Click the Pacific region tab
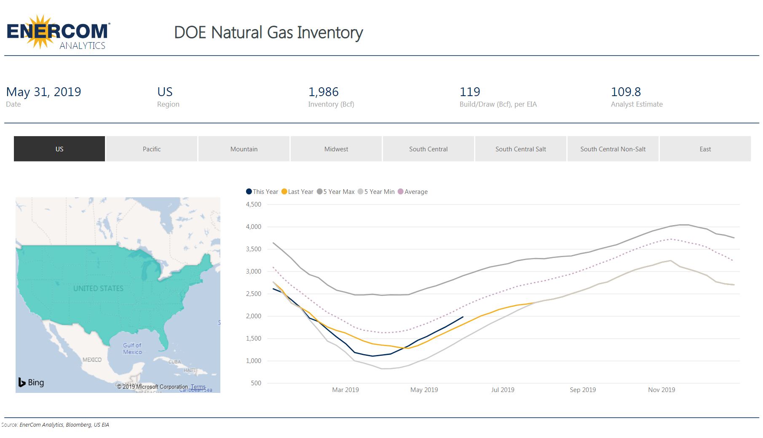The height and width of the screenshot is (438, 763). (152, 149)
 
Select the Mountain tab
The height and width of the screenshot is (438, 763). (244, 149)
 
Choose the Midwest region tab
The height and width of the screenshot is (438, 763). (336, 149)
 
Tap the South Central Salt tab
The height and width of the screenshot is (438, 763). (520, 149)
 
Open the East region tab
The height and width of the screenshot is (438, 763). (705, 149)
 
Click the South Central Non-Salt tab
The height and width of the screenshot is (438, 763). (613, 149)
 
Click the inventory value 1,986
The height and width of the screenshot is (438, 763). (323, 92)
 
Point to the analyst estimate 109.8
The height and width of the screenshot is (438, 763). (626, 92)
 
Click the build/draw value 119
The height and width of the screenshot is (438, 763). (470, 92)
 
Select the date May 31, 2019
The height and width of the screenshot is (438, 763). (43, 92)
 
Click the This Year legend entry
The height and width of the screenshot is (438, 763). (262, 192)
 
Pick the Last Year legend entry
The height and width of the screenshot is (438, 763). (297, 192)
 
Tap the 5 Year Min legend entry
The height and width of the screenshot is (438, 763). (376, 192)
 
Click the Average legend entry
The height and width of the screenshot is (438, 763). (413, 192)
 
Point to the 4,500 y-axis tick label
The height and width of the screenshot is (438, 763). (254, 204)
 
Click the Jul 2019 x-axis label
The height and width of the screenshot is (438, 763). (503, 390)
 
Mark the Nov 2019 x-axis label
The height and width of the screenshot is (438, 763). (661, 390)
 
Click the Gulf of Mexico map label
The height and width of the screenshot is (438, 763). (132, 349)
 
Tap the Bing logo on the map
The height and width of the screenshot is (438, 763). (31, 382)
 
